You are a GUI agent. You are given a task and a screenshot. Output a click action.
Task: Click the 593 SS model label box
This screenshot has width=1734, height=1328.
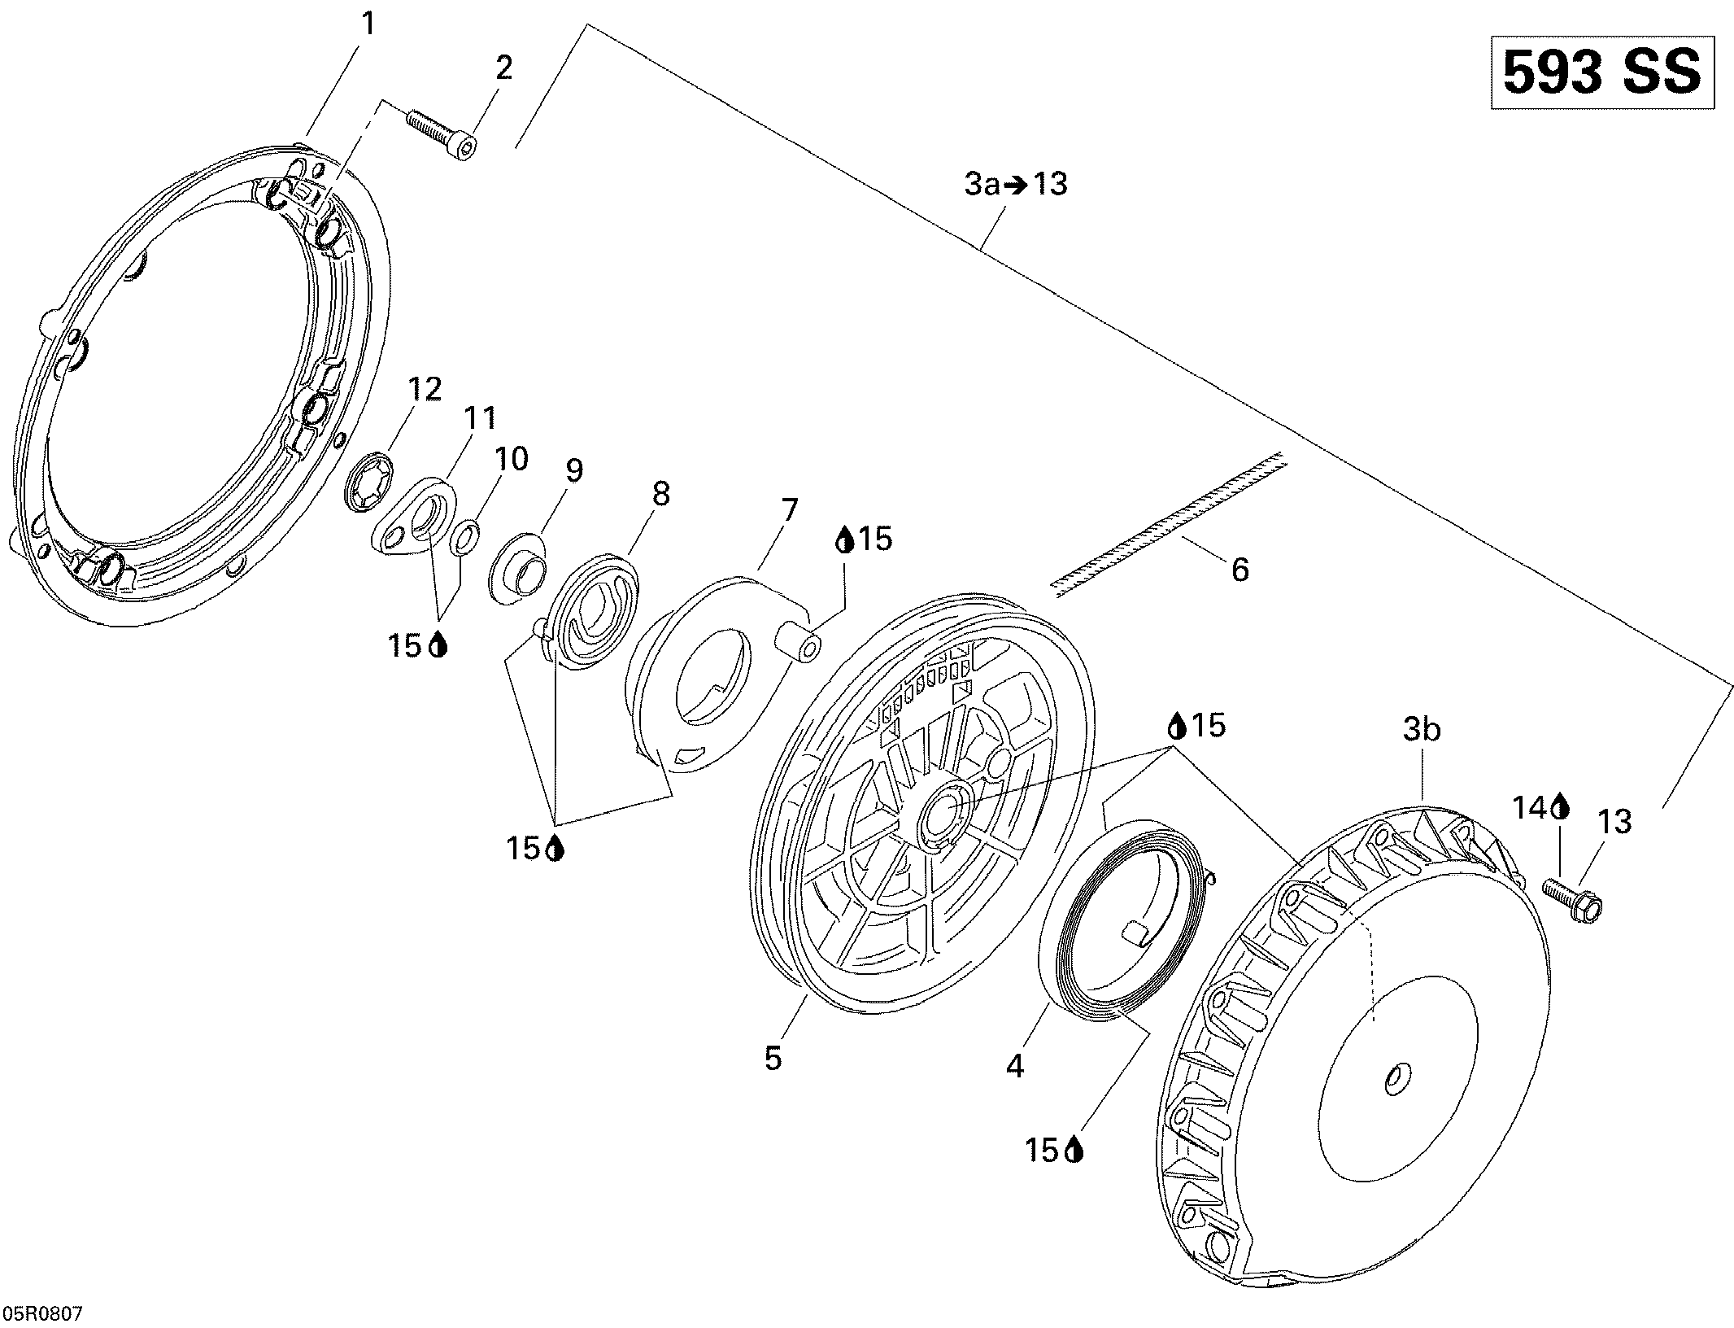1602,72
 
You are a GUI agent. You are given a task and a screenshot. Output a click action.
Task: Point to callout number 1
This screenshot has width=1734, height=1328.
368,24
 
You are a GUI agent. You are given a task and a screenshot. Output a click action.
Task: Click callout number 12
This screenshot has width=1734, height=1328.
425,389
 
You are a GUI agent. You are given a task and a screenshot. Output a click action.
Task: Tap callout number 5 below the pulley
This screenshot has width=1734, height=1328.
773,1059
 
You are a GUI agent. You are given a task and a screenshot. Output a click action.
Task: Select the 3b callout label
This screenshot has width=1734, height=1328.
1422,730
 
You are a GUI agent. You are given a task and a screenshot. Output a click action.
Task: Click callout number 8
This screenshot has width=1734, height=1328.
660,493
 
